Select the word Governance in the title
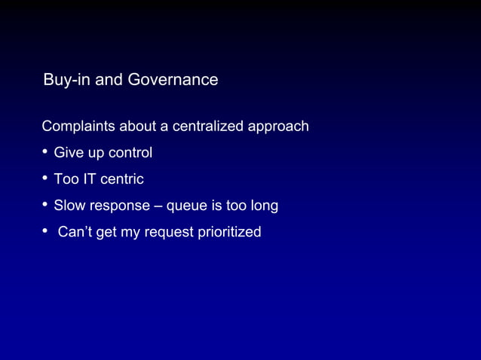point(173,80)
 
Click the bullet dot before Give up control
point(45,152)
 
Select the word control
point(130,153)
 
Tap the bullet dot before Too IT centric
point(45,178)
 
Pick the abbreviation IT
point(89,179)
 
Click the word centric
point(122,179)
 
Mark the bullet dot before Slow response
point(45,205)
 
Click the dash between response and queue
point(158,206)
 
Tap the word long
point(264,206)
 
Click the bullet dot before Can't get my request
point(45,231)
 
